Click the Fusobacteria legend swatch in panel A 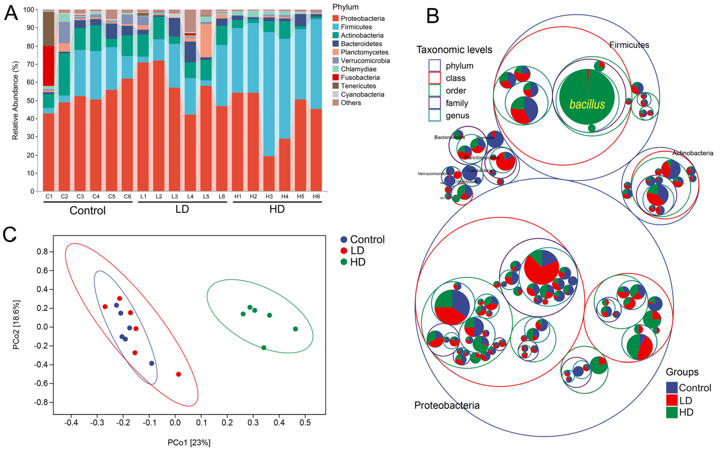[x=336, y=77]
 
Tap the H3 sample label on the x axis [x=269, y=196]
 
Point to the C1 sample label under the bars [x=49, y=196]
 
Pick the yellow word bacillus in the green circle [x=587, y=104]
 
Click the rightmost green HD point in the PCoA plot [x=295, y=329]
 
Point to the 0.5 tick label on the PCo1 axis [x=305, y=423]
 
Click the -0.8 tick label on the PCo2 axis [x=41, y=402]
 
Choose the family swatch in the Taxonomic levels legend [x=434, y=103]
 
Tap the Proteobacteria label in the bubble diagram [x=447, y=405]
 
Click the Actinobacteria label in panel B [x=692, y=153]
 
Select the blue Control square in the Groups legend [x=671, y=388]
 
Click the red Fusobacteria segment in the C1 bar [x=49, y=66]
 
